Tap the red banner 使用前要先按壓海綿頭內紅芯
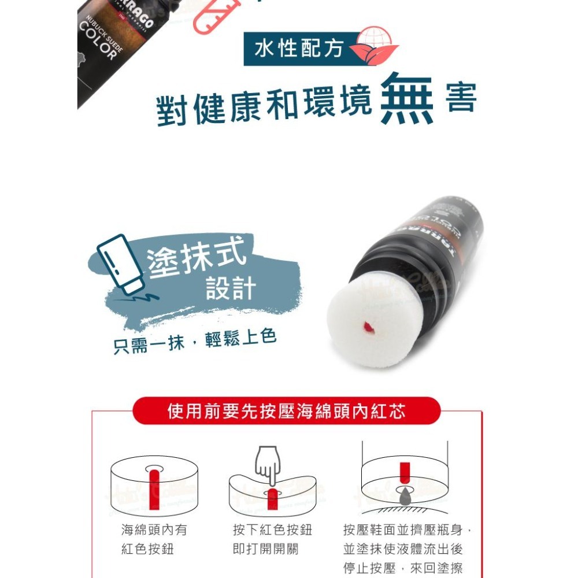coord(286,411)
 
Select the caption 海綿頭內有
coord(154,530)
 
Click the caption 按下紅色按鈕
coord(264,530)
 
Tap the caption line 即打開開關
coord(265,549)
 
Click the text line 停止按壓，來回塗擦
coord(403,568)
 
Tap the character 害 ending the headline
coord(461,99)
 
